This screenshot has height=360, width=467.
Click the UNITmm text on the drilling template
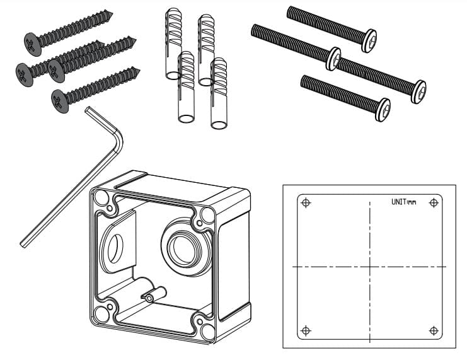coord(403,202)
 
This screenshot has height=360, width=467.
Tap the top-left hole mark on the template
coord(306,202)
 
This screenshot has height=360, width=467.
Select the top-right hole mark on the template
coord(433,202)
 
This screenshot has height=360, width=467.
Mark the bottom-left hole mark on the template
coord(306,330)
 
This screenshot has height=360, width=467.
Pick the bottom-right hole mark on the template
coord(433,330)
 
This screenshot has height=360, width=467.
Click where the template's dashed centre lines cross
coord(369,267)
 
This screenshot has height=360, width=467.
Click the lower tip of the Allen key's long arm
coord(23,242)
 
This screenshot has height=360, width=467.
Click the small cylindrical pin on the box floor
coord(154,294)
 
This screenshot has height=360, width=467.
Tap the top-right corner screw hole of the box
coord(205,216)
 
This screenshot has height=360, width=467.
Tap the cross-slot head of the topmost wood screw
coord(33,44)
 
